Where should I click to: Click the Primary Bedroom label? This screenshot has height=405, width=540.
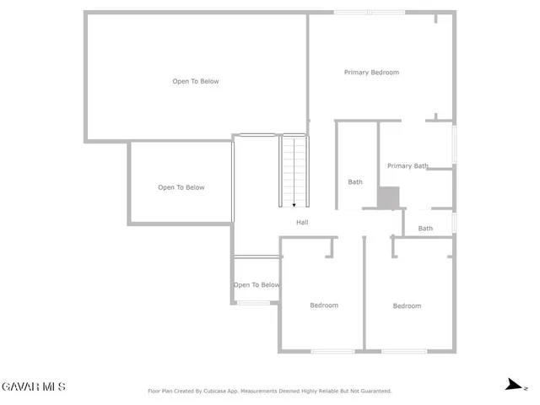(371, 73)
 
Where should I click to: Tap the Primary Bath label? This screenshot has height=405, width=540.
(408, 166)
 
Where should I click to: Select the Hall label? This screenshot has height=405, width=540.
(302, 223)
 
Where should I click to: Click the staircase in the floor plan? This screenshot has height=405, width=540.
(294, 169)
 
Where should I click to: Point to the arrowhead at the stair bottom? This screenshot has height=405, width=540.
(294, 204)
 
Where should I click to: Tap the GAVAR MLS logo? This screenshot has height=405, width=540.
(33, 387)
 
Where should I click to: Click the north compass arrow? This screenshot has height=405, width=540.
(512, 385)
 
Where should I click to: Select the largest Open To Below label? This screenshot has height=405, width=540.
(196, 82)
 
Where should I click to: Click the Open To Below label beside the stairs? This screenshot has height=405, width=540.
(181, 187)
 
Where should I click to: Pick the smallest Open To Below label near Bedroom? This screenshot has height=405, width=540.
(256, 285)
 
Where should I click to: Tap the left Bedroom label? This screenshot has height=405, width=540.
(323, 305)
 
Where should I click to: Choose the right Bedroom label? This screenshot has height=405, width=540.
(407, 306)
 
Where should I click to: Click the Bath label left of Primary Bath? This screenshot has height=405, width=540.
(355, 182)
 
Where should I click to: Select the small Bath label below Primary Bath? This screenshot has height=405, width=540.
(425, 229)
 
